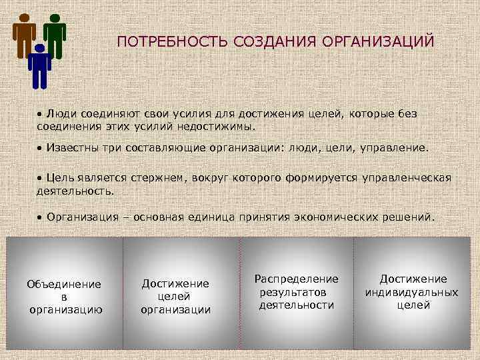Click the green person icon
click(x=55, y=35)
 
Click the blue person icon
click(x=40, y=65)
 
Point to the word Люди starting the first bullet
click(x=60, y=114)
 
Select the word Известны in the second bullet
click(x=74, y=147)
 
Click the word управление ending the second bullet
click(x=395, y=147)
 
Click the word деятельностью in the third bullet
click(x=75, y=190)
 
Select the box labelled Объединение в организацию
click(x=64, y=296)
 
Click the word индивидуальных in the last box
click(x=412, y=293)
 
